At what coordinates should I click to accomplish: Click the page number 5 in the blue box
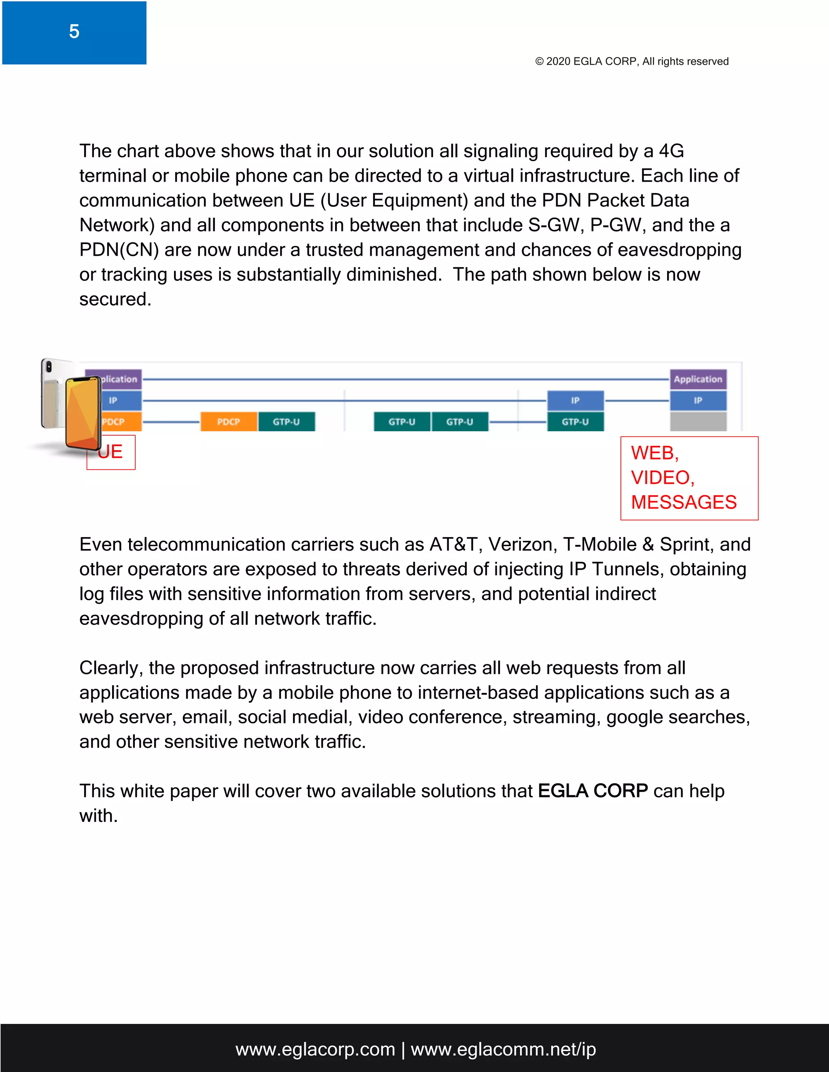tap(74, 32)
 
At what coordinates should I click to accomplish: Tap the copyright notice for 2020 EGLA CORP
tap(631, 61)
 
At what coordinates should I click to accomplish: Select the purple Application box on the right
tap(698, 379)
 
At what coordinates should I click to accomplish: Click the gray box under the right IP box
tap(698, 422)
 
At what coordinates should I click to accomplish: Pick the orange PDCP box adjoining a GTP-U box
tap(228, 422)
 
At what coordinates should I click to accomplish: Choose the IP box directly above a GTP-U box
tap(575, 400)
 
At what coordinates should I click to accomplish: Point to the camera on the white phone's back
tap(49, 366)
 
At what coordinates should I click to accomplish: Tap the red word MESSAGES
tap(684, 502)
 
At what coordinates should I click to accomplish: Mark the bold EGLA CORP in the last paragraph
tap(593, 791)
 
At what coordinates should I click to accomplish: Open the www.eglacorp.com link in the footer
tap(315, 1049)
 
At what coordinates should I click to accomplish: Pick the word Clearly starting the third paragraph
tap(111, 668)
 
